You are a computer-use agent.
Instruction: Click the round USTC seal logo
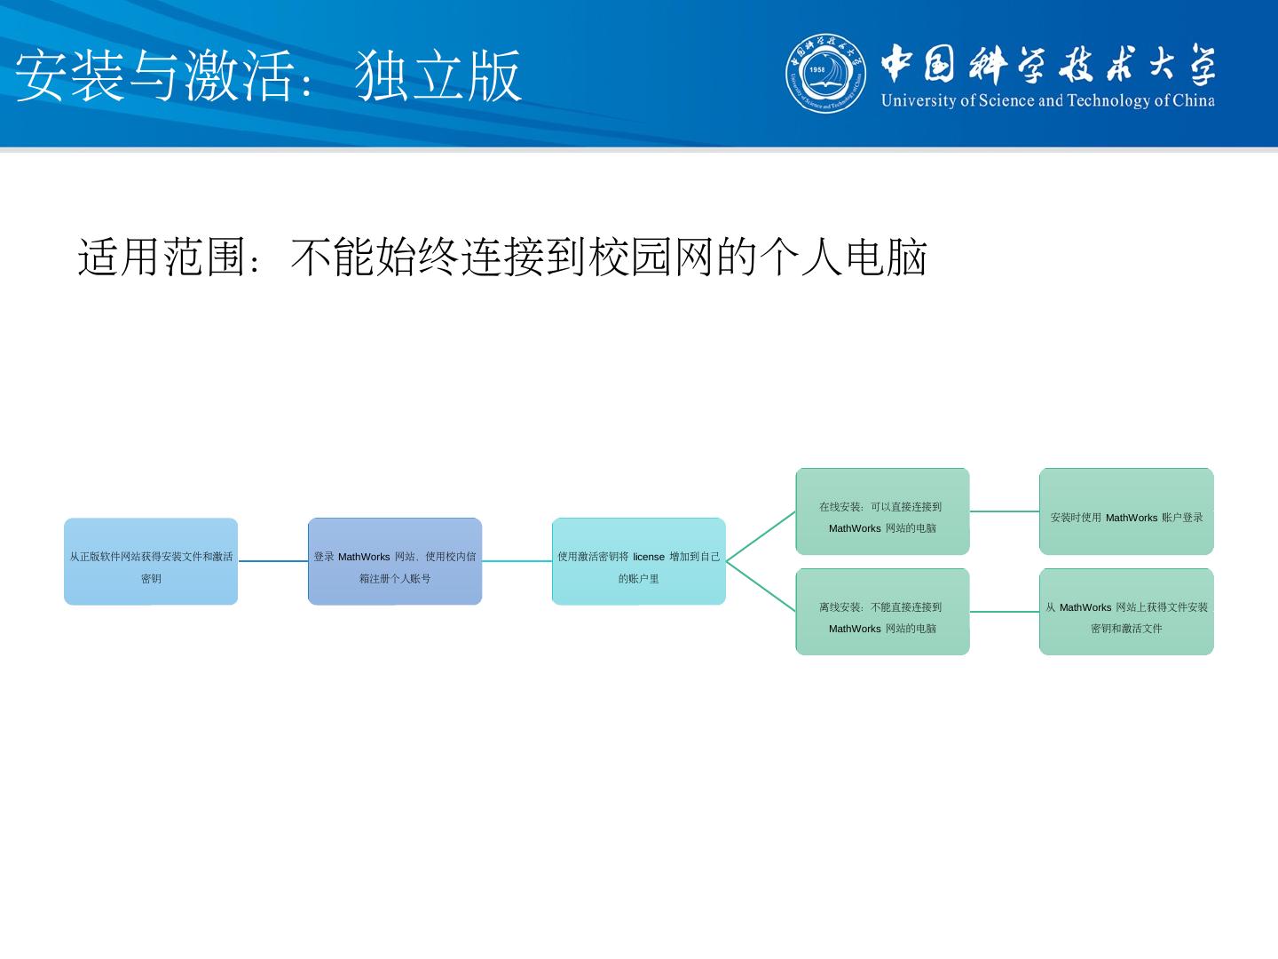click(826, 75)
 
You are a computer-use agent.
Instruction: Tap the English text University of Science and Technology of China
click(1047, 100)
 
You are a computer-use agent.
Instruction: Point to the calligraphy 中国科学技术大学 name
click(1047, 64)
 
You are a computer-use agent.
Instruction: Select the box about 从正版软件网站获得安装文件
click(151, 561)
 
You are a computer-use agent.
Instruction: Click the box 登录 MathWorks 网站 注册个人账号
click(395, 561)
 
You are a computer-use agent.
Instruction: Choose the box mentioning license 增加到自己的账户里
click(639, 561)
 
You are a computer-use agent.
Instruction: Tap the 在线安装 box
click(882, 511)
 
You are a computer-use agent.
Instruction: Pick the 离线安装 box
click(882, 612)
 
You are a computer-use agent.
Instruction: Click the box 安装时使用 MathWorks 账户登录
click(1126, 511)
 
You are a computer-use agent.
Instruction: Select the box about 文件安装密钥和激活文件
click(1126, 612)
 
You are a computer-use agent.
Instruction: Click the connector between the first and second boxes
click(273, 561)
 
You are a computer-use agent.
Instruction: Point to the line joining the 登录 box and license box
click(517, 561)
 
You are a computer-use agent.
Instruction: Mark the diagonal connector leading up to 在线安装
click(761, 536)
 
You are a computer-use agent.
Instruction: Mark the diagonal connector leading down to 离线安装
click(761, 587)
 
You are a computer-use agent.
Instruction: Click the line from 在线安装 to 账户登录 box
click(1005, 511)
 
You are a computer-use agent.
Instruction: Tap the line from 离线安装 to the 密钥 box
click(1005, 612)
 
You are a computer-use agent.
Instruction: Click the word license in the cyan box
click(649, 557)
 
